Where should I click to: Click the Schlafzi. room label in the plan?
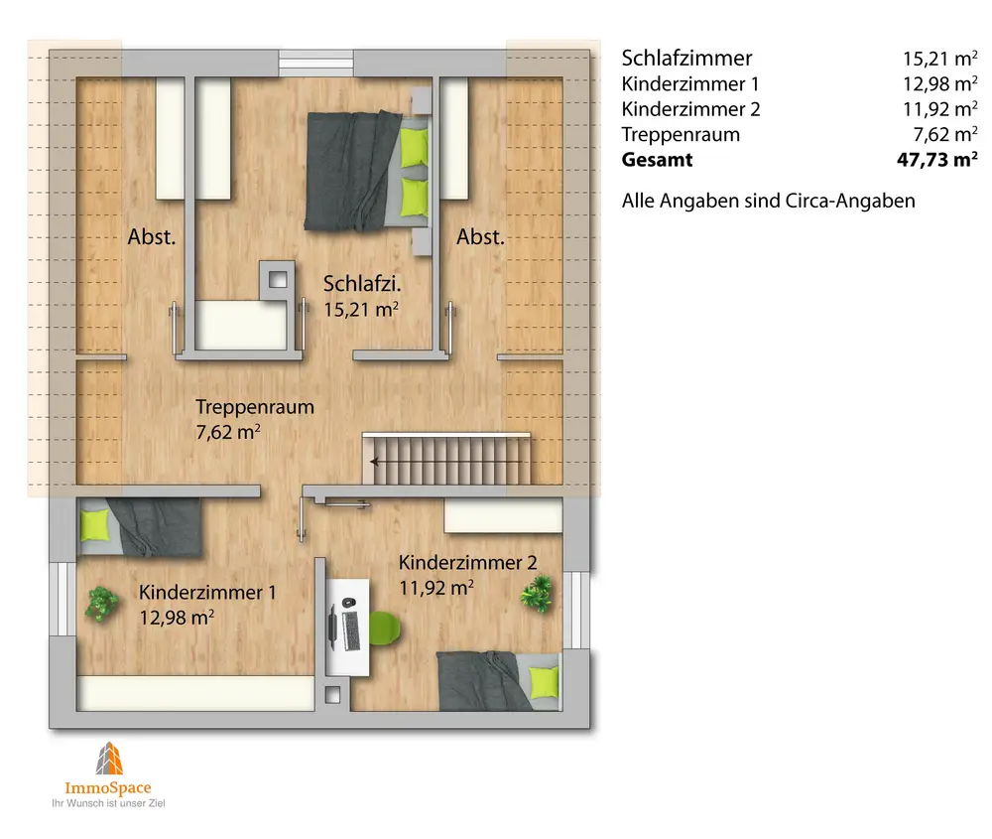click(362, 283)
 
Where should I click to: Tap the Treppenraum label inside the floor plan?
click(254, 406)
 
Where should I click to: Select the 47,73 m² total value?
click(937, 159)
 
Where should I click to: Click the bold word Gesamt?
click(657, 160)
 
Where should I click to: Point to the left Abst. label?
click(151, 237)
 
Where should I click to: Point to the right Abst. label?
click(480, 237)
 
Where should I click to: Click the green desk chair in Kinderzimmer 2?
click(385, 629)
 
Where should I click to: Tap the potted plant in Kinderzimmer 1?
click(102, 604)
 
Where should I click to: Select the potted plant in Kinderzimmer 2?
click(536, 594)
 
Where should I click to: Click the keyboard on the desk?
click(350, 630)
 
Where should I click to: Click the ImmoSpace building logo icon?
click(109, 759)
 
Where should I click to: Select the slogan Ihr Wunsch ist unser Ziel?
click(108, 803)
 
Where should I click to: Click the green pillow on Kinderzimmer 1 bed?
click(95, 525)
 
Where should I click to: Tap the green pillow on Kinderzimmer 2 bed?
click(544, 682)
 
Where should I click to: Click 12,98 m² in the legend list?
click(940, 83)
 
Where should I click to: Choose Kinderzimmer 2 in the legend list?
click(690, 109)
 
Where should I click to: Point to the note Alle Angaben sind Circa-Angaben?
click(768, 201)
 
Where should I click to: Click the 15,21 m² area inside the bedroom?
click(361, 310)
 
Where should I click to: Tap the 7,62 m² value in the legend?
click(945, 134)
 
